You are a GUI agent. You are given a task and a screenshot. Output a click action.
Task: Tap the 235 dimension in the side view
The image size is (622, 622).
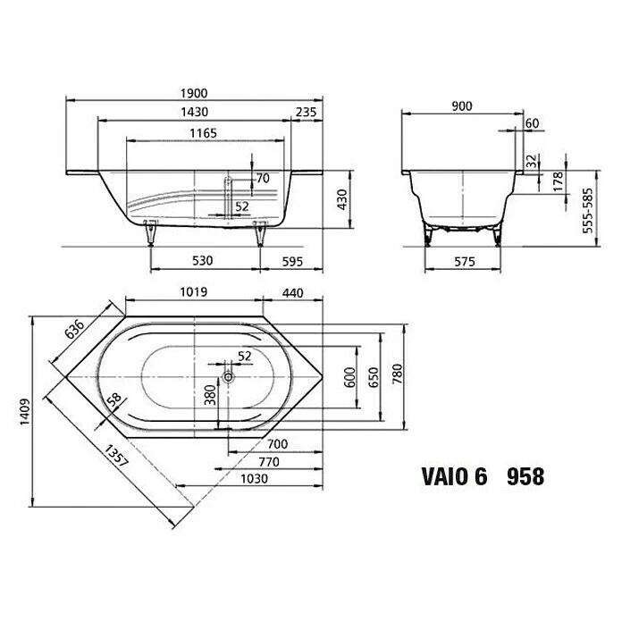click(x=306, y=113)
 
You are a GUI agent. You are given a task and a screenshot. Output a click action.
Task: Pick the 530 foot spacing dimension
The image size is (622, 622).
click(x=203, y=261)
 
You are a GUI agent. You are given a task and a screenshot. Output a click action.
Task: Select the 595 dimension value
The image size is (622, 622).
click(x=290, y=261)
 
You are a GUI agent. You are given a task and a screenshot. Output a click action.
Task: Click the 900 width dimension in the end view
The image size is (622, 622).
click(x=461, y=106)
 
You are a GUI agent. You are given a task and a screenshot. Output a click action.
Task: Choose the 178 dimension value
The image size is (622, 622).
click(x=557, y=182)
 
